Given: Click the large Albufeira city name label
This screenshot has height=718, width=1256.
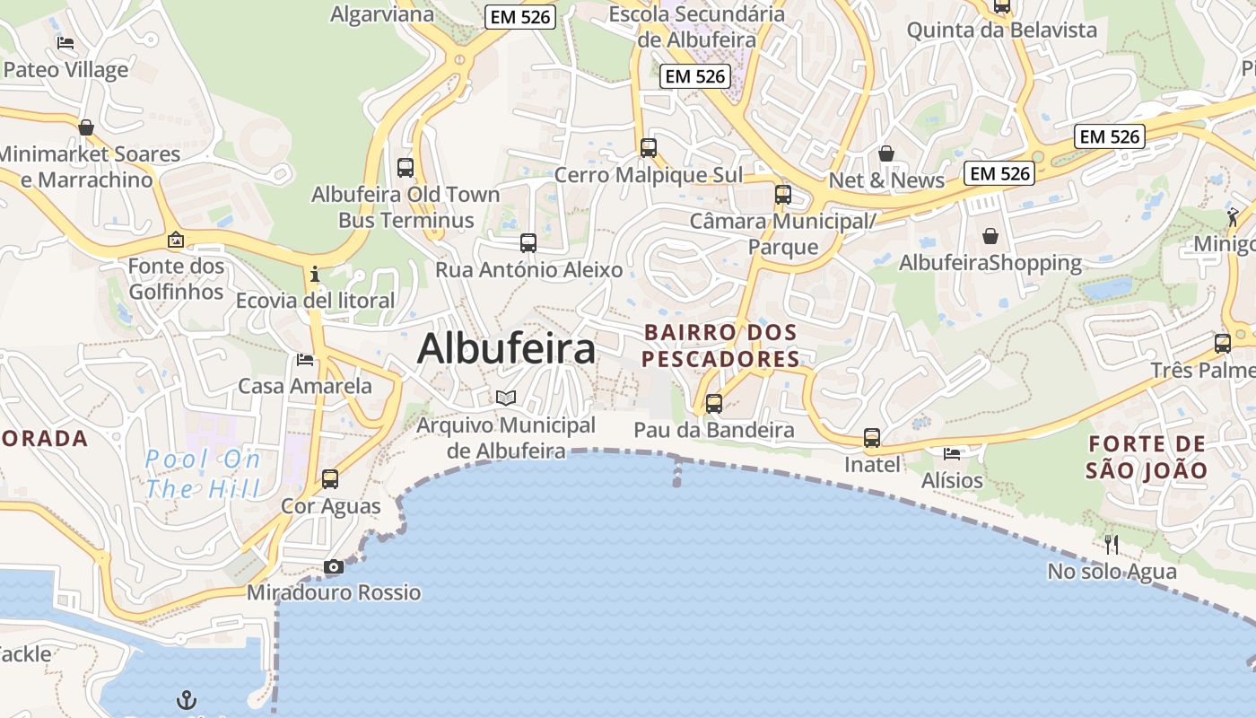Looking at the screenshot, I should coord(506,348).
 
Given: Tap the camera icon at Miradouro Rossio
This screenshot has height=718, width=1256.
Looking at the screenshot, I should coord(334,566).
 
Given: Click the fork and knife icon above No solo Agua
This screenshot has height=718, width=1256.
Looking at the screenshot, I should coord(1112,544).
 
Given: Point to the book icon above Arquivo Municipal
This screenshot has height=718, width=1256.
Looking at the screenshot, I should coord(506,397).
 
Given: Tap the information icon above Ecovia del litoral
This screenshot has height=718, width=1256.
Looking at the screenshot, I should coord(315,274).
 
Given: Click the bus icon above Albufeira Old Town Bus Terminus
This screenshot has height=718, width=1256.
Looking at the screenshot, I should coord(406,167).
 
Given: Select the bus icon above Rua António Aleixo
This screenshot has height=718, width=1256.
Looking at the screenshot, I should coord(528,242).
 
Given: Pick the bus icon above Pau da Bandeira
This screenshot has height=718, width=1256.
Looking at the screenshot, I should coord(714,403).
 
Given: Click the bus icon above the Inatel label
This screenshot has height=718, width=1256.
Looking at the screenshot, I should coord(872,438).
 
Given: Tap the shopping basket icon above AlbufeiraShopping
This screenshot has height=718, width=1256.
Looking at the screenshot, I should coord(990,236).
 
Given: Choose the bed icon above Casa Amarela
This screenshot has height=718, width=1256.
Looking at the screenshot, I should coord(305,360).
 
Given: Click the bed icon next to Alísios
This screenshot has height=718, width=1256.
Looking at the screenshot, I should coord(952,453).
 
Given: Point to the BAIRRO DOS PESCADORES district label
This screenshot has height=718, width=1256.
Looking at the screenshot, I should coord(721,346).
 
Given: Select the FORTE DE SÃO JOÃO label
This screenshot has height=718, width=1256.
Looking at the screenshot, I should coord(1147,456).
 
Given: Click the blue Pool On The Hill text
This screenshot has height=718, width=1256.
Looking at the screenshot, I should coord(203,475).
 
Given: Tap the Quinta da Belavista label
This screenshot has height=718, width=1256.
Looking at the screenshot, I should coord(1002,30).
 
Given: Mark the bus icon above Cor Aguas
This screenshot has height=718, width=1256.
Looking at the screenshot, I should coord(330,479).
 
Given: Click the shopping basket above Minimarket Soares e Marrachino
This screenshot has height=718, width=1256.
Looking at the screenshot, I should coord(86,127).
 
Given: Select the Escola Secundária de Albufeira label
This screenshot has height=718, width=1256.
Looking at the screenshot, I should coord(696,26).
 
